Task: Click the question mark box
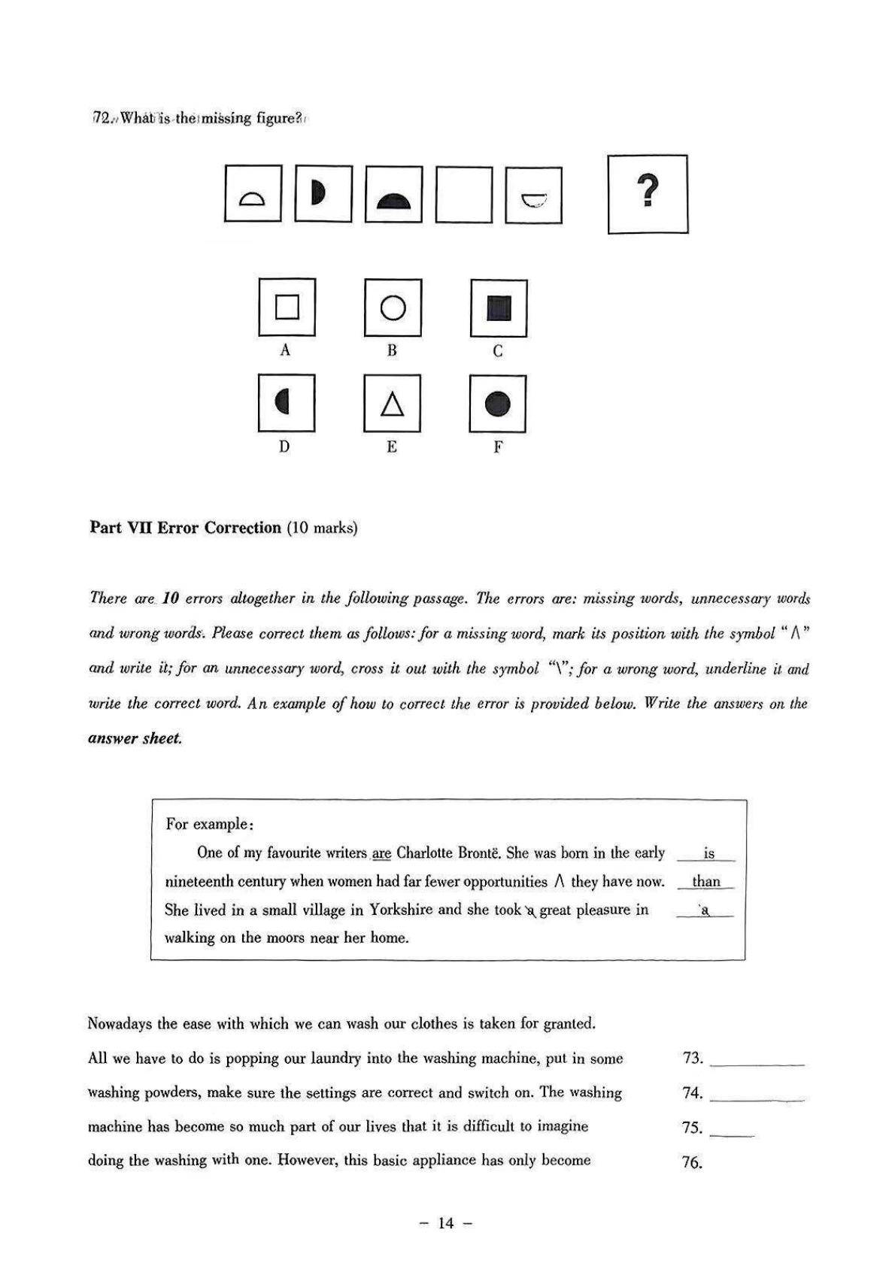point(647,194)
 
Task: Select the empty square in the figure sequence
point(463,195)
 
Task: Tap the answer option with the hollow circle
point(393,307)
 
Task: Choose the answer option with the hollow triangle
point(392,404)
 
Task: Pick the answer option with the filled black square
point(498,308)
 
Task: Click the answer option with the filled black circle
point(497,404)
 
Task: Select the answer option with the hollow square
point(287,307)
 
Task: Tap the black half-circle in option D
point(283,403)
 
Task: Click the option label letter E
point(392,447)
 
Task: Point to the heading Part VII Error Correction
point(185,528)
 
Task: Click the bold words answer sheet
point(135,738)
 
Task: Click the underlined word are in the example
point(382,853)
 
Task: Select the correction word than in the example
point(706,882)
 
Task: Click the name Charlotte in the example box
point(424,853)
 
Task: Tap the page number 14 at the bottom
point(446,1224)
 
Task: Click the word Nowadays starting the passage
point(120,1024)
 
